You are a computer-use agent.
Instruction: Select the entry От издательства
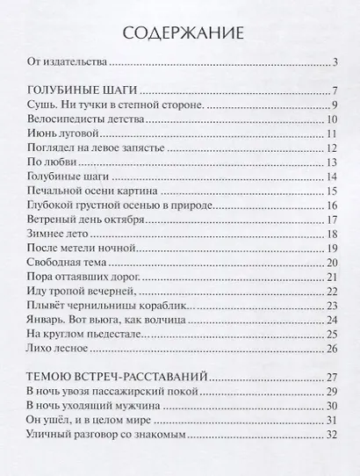[67, 63]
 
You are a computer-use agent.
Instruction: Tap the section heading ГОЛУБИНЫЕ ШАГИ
[84, 92]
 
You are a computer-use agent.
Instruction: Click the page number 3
[335, 63]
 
